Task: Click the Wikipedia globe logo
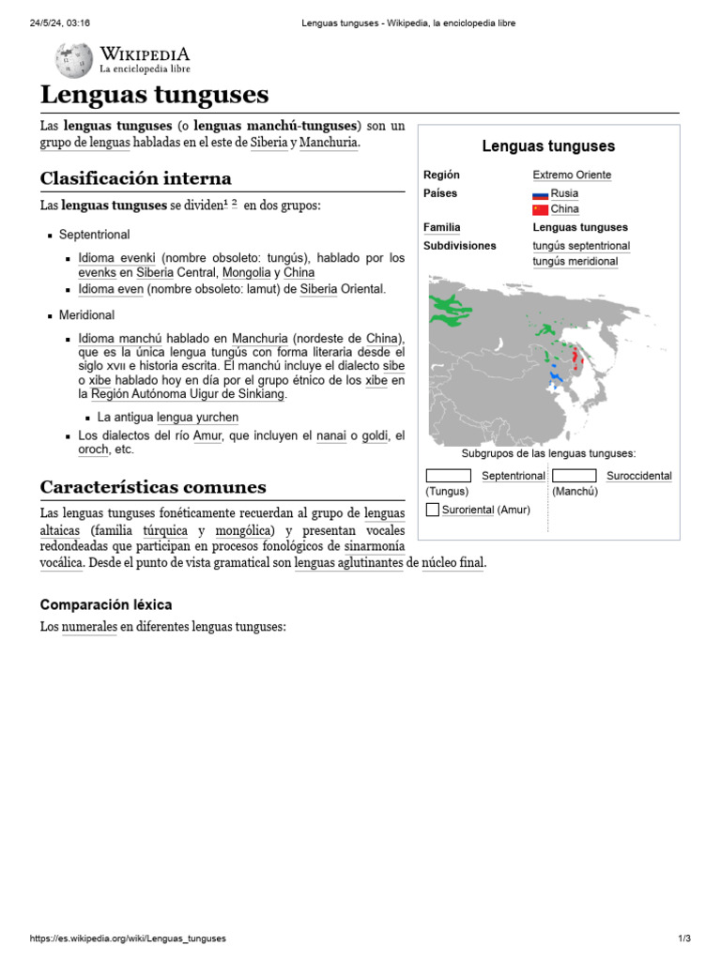74,61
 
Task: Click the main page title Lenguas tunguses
154,95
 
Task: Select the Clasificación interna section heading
135,178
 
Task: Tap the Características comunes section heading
153,487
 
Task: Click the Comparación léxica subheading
106,605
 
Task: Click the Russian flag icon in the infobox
540,193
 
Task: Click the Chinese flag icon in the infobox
540,209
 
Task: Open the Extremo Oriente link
572,175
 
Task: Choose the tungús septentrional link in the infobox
580,246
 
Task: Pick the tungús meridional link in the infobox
575,261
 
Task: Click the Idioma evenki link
117,257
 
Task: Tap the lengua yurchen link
197,417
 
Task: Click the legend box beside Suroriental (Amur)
432,510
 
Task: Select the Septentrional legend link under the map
513,476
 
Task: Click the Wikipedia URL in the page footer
128,938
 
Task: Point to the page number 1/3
683,938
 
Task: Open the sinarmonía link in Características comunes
375,545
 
